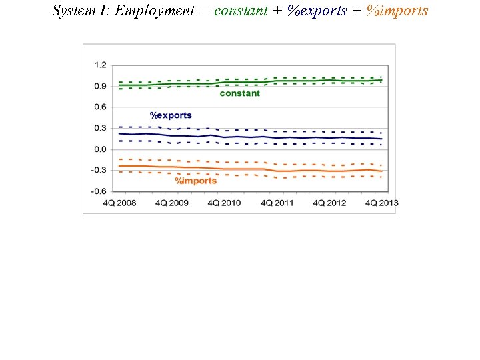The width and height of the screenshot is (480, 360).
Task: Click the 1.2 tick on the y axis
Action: coord(100,65)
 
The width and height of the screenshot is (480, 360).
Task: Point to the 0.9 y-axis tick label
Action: coord(100,86)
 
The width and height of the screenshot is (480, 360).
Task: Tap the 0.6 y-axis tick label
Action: coord(100,107)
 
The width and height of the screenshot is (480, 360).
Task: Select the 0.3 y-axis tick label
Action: coord(100,128)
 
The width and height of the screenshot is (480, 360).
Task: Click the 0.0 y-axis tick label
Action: coord(100,149)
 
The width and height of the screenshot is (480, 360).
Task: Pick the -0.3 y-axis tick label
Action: coord(99,170)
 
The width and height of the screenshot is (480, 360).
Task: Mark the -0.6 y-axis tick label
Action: coord(99,191)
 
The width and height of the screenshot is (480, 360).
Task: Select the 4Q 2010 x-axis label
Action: coord(224,203)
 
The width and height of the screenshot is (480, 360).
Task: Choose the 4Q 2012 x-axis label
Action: coord(329,203)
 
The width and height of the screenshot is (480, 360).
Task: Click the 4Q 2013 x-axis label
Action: coord(382,203)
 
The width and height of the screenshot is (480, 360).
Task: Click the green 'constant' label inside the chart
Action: coord(240,94)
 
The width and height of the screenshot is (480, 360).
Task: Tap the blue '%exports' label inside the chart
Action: coord(171,115)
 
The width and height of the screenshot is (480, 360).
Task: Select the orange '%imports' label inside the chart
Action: coord(196,181)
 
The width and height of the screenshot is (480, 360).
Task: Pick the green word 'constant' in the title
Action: coord(241,11)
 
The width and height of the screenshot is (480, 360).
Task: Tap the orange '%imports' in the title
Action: coord(397,11)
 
